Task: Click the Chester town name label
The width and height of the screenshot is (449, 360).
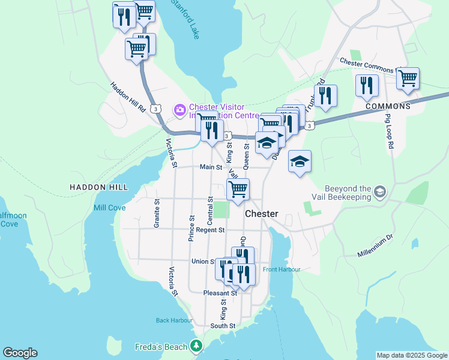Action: [x=261, y=214]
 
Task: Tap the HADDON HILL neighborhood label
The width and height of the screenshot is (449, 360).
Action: [x=99, y=187]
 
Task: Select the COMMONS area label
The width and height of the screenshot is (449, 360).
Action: [x=388, y=106]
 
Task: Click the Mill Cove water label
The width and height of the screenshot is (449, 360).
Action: [x=109, y=208]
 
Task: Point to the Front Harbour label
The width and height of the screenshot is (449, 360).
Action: [x=281, y=269]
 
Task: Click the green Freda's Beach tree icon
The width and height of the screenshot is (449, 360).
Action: [x=196, y=346]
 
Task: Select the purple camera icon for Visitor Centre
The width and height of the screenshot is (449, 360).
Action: [x=179, y=110]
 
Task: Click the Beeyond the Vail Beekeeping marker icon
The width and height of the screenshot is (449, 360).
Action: [x=379, y=192]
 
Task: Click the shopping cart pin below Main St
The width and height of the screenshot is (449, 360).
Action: [x=238, y=188]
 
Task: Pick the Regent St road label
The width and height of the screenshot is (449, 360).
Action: [x=209, y=230]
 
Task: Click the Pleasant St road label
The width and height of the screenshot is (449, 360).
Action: [x=220, y=293]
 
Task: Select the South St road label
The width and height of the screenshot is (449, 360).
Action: [x=222, y=326]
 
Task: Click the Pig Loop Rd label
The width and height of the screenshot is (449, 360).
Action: [x=389, y=128]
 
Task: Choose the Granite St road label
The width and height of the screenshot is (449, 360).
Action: [x=157, y=213]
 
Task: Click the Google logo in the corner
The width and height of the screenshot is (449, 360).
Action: [x=20, y=353]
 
